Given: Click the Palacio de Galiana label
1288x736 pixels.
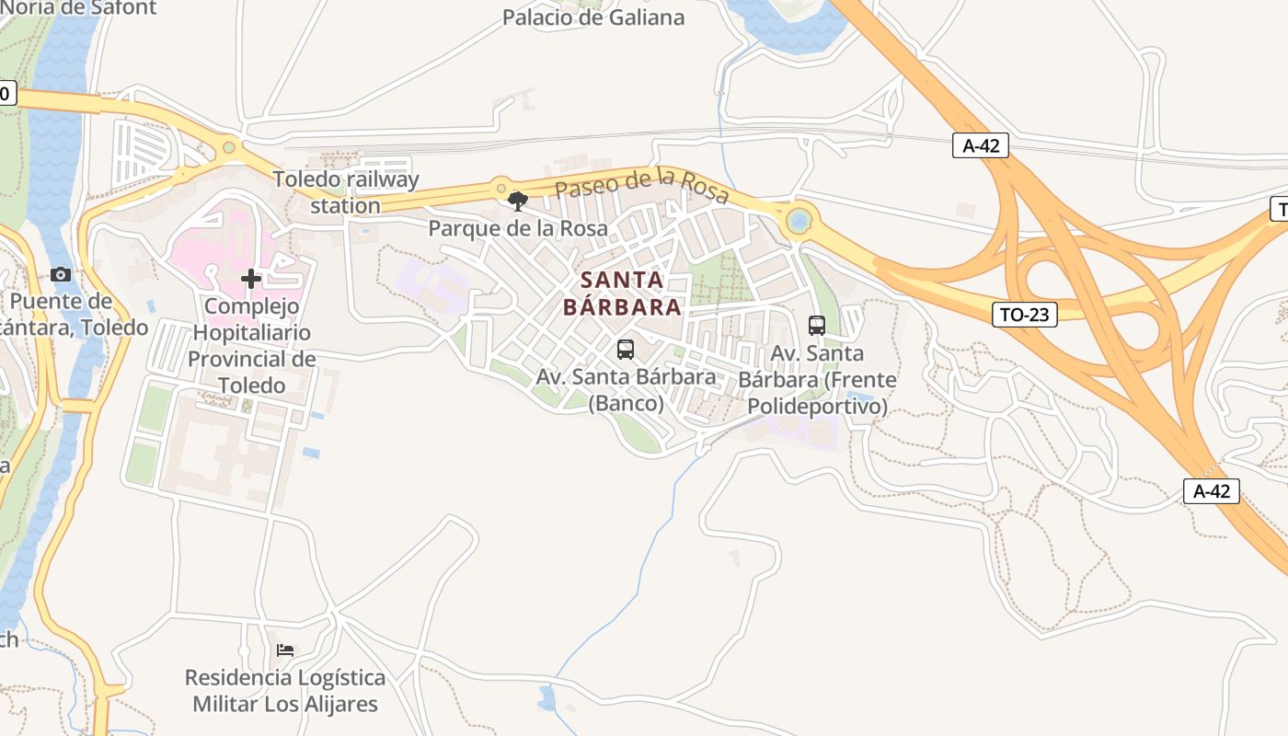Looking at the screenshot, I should click(593, 17).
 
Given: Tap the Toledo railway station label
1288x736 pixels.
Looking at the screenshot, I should click(346, 192).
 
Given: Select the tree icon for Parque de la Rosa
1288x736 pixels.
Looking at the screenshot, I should click(518, 201).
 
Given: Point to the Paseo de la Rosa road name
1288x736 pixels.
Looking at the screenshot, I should click(641, 186).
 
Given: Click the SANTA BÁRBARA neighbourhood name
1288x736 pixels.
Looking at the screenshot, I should click(623, 293).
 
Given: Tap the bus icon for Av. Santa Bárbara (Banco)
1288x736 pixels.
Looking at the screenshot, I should click(626, 350).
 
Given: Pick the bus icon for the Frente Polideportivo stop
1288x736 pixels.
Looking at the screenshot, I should click(817, 325).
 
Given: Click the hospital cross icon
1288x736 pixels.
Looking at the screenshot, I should click(251, 279).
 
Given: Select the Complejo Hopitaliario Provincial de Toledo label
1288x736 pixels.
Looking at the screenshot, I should click(251, 346).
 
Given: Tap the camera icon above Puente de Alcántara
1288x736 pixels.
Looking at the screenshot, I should click(61, 274).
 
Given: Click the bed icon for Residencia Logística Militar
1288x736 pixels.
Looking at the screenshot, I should click(285, 650).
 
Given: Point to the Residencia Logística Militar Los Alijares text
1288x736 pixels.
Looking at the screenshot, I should click(285, 691).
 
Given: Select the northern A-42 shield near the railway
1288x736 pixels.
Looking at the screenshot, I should click(980, 145).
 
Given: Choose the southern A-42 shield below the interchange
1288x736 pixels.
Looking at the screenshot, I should click(1211, 491).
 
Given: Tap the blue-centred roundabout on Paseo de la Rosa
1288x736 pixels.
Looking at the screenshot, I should click(799, 221).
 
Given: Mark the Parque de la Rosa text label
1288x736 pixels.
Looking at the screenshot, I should click(518, 228).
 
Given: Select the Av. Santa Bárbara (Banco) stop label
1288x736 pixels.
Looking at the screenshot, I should click(626, 390).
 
